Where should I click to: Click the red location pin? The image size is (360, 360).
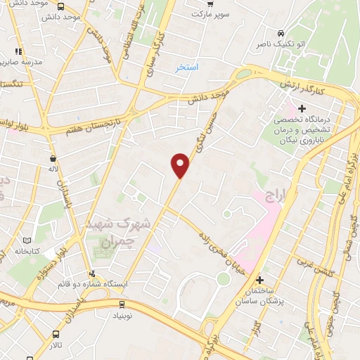181,165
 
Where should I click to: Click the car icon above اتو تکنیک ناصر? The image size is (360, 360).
281,33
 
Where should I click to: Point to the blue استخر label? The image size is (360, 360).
187,67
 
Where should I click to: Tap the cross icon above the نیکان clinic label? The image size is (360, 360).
302,108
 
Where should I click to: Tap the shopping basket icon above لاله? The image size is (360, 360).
53,160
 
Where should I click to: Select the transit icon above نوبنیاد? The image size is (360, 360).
122,304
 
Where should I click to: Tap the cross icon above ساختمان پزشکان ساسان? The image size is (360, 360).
259,280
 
